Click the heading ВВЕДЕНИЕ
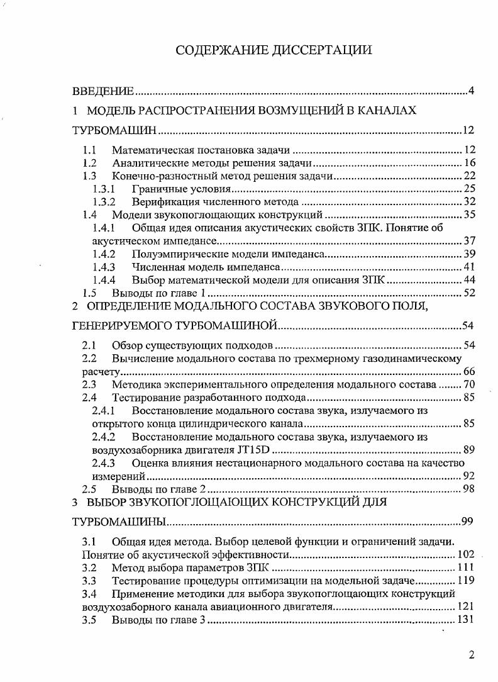click(x=102, y=92)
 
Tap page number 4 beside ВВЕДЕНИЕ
click(x=471, y=92)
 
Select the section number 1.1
click(x=90, y=150)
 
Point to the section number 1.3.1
click(x=103, y=189)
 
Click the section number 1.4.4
click(x=103, y=280)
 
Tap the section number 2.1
click(x=90, y=345)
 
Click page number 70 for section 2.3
click(x=469, y=384)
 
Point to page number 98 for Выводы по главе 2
click(x=469, y=489)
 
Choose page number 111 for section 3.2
click(x=466, y=567)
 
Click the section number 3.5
click(x=90, y=620)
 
